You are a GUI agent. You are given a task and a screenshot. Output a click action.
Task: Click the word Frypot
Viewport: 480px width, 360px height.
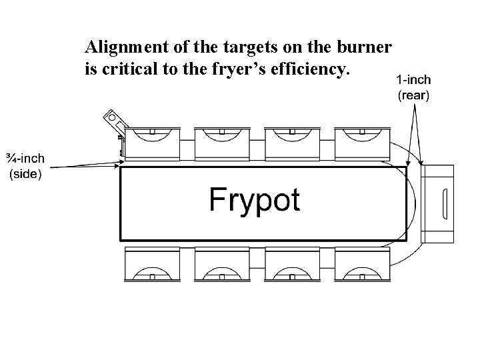(255, 199)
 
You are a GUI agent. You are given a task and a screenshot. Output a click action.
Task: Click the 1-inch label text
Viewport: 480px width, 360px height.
(413, 79)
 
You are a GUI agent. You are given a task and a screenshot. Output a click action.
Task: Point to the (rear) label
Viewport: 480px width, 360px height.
(413, 95)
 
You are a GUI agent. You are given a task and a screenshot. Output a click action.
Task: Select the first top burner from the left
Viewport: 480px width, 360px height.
(153, 141)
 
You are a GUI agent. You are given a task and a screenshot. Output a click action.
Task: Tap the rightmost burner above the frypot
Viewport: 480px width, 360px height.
(360, 141)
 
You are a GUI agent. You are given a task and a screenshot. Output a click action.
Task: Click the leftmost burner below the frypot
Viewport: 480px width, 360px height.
(153, 264)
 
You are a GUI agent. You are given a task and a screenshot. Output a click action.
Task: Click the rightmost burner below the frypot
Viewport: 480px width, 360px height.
(360, 264)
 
